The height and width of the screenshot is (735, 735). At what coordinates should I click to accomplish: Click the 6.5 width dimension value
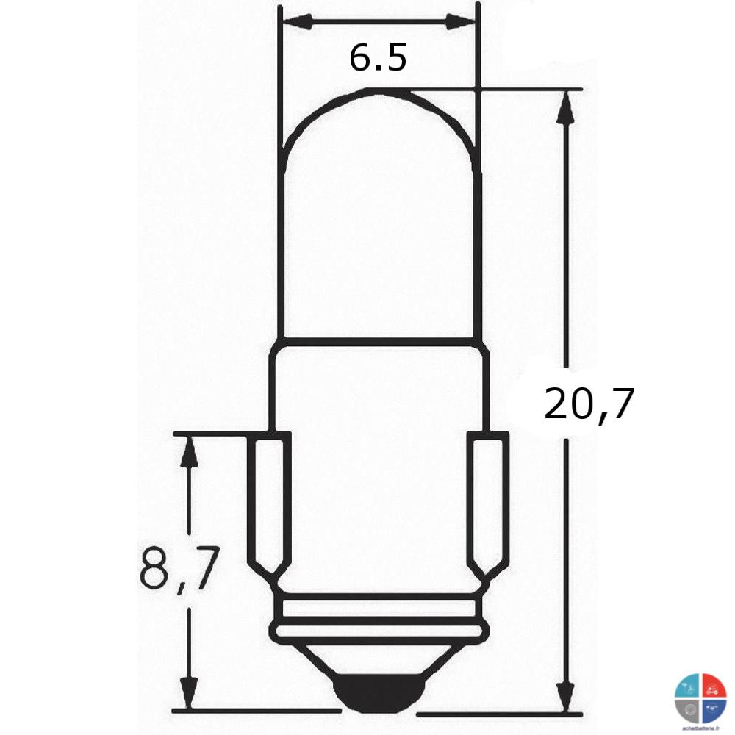[x=378, y=58]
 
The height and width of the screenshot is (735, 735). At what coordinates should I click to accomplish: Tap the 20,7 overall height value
[x=588, y=404]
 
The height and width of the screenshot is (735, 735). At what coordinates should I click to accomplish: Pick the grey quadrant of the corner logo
[x=689, y=709]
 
